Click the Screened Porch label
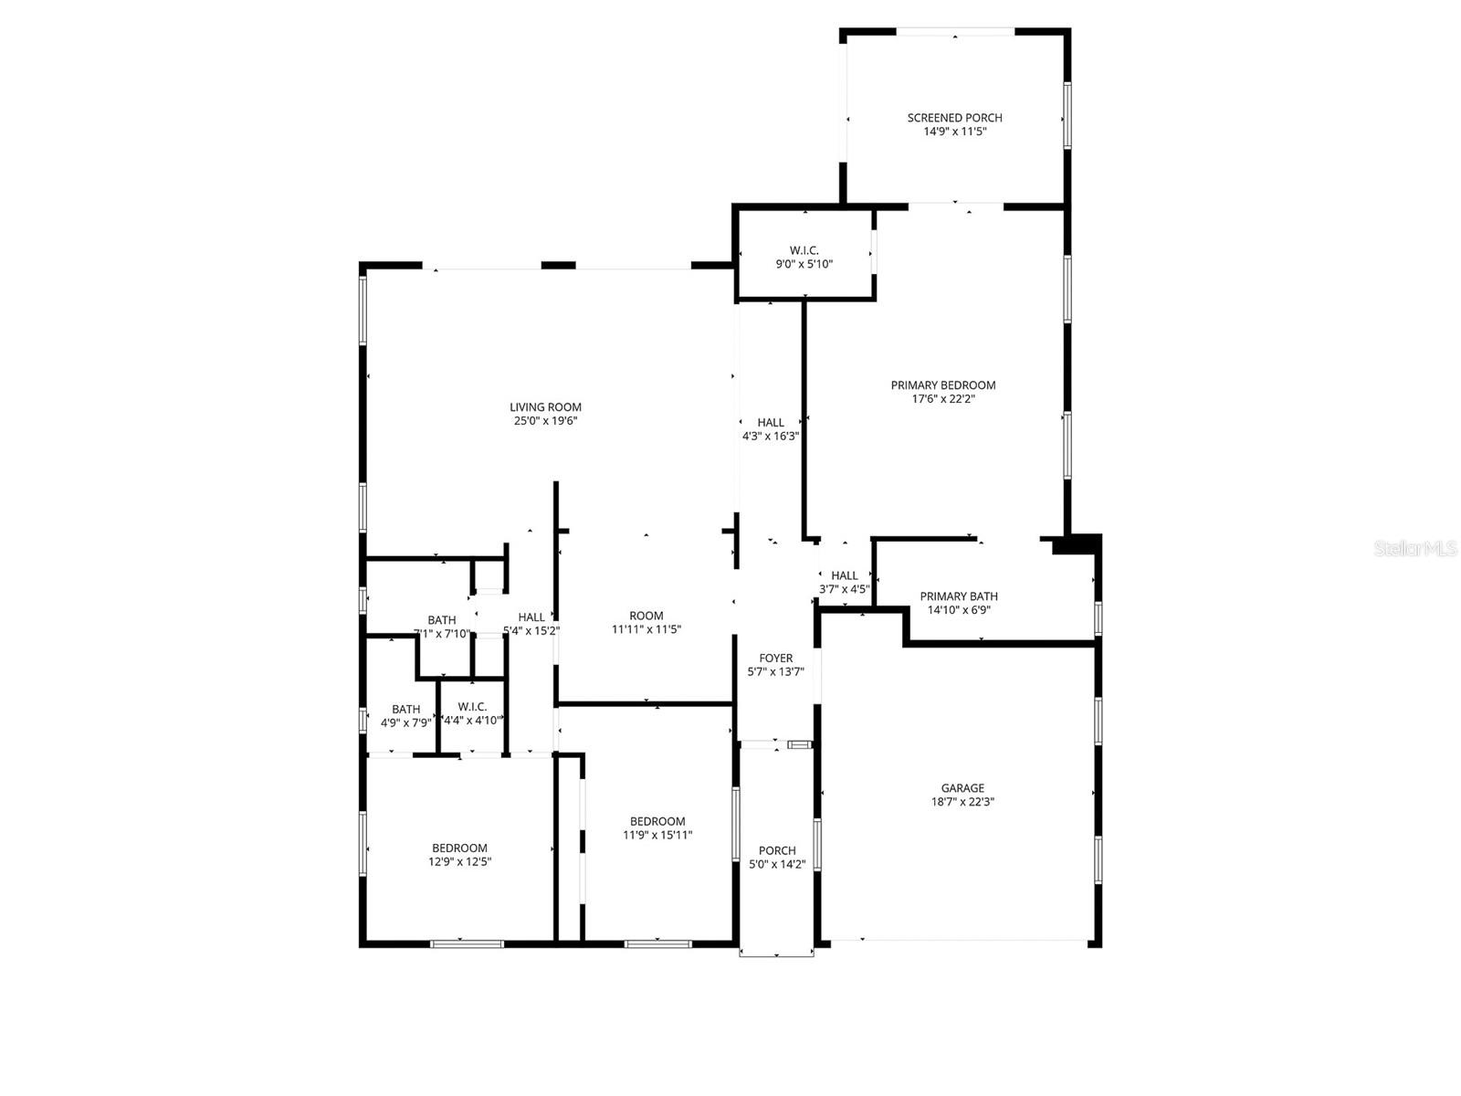coord(954,118)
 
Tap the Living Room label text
coord(545,407)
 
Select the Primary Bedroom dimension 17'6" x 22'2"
coord(943,399)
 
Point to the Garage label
coord(962,788)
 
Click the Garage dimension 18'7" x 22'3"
coord(962,803)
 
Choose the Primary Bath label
coord(959,596)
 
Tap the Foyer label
coord(776,659)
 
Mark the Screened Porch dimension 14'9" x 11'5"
coord(954,132)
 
